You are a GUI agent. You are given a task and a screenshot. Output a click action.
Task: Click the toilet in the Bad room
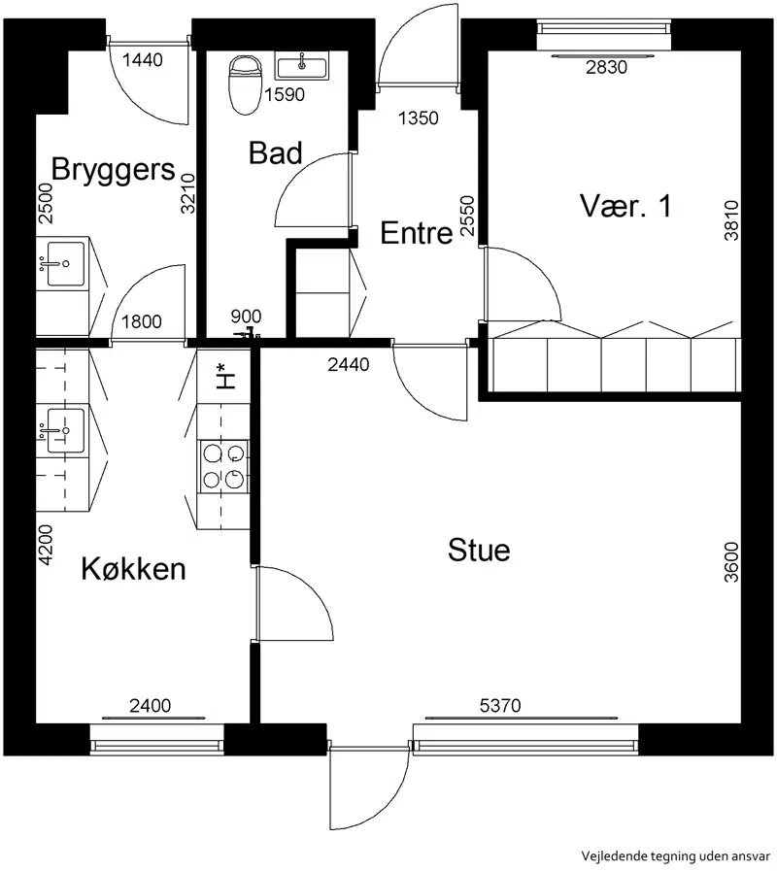[245, 84]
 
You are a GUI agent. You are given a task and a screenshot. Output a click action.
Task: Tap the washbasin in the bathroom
[302, 66]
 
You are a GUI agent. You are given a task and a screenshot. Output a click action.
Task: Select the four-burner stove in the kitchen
[223, 464]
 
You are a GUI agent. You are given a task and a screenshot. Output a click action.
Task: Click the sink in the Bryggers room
[63, 263]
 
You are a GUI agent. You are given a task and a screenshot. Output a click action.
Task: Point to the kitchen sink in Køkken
[63, 430]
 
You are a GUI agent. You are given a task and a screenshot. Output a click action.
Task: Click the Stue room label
[479, 550]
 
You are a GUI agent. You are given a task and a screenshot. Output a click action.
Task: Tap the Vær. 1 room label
[626, 206]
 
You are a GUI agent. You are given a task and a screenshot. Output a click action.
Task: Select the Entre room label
[417, 233]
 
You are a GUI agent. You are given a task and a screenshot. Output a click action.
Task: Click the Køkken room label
[133, 569]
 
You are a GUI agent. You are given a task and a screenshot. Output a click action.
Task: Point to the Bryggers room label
[113, 169]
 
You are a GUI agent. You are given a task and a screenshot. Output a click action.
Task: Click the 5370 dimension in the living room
[500, 706]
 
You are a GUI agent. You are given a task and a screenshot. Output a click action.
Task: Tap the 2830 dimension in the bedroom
[606, 67]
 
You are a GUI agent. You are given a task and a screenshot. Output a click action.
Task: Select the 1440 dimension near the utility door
[142, 60]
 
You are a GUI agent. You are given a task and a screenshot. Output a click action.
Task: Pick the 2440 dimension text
[349, 364]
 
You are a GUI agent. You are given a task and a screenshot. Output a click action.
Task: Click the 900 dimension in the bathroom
[246, 317]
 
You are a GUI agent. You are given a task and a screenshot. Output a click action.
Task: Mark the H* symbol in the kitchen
[225, 376]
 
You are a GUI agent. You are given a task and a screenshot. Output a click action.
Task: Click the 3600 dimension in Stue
[732, 562]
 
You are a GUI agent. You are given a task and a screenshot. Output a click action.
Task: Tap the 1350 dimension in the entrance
[419, 118]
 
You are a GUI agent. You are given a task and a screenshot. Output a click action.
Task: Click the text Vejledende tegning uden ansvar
[676, 856]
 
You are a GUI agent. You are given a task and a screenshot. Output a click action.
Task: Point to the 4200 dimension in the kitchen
[46, 546]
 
